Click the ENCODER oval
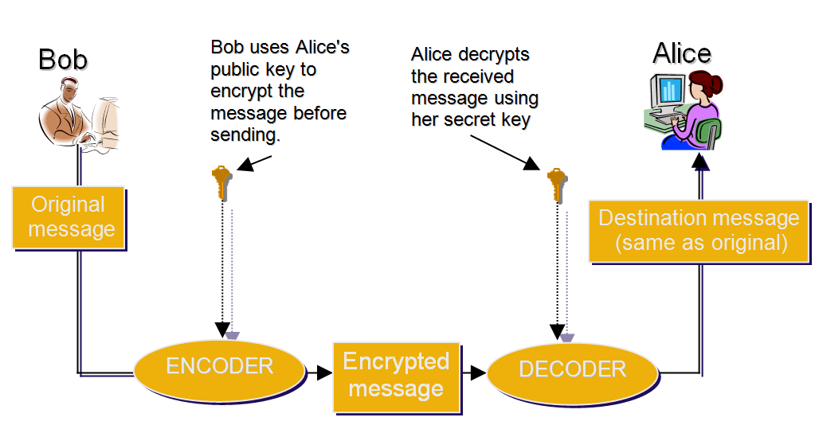coord(219,367)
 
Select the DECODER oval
coord(572,370)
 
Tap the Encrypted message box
coord(396,376)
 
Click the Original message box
coord(69,217)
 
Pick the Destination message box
coord(699,231)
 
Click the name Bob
coord(63,59)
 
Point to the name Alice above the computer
coord(681,53)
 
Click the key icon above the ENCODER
coord(221,182)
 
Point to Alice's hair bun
coord(715,82)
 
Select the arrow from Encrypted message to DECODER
coord(476,372)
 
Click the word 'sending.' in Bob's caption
coord(245,135)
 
